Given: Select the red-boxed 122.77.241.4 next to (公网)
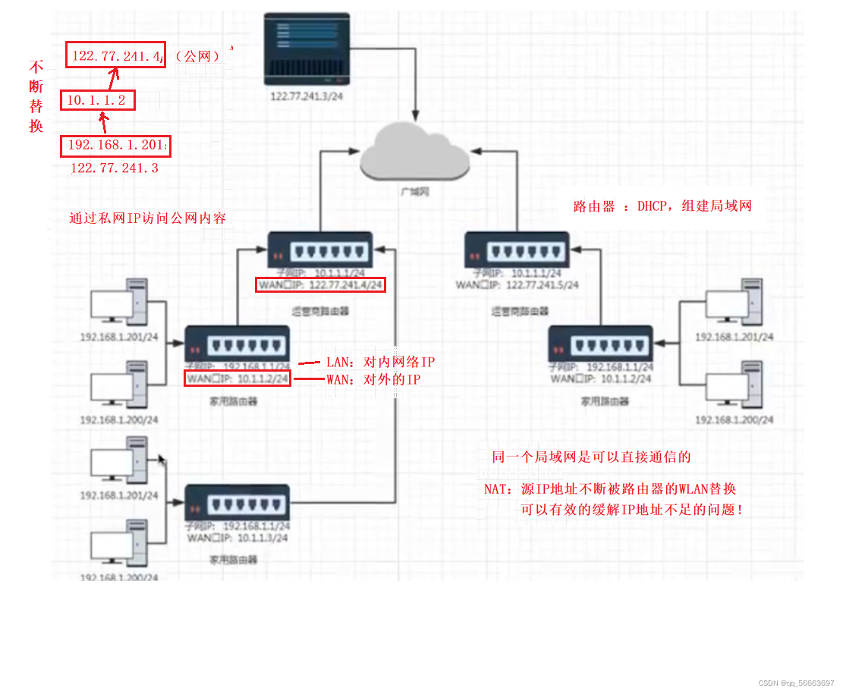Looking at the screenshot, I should pyautogui.click(x=116, y=55).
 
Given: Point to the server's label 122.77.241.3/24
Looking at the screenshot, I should pyautogui.click(x=308, y=97).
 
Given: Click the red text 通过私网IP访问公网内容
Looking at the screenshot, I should pyautogui.click(x=147, y=218).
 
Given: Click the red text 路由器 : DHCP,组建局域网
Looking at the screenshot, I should pyautogui.click(x=662, y=206).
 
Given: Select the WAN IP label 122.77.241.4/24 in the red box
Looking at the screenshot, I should pyautogui.click(x=320, y=285).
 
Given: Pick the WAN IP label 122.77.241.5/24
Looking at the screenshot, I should pyautogui.click(x=517, y=284).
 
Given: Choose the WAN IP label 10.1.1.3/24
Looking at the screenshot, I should pyautogui.click(x=238, y=538).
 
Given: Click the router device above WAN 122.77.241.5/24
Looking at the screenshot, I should pyautogui.click(x=517, y=250).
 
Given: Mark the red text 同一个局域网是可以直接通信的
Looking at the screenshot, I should pyautogui.click(x=591, y=457).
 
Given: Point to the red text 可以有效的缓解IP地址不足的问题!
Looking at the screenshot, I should pyautogui.click(x=631, y=510).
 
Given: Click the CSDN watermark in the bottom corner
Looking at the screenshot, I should pyautogui.click(x=796, y=683).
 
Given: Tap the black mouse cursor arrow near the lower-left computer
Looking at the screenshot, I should pyautogui.click(x=161, y=460).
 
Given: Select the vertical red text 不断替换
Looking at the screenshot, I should pyautogui.click(x=36, y=96).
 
